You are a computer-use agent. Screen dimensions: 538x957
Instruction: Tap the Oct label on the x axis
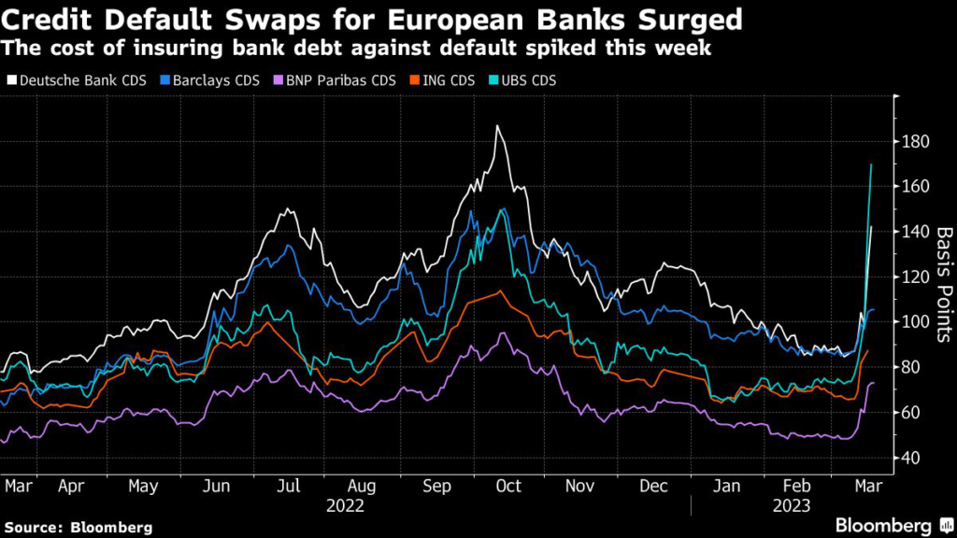pos(508,487)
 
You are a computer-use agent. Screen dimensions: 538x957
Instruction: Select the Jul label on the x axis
pos(291,487)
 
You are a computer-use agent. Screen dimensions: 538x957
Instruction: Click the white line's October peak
pos(498,125)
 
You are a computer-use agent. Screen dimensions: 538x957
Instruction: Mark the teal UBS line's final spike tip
pos(872,164)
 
